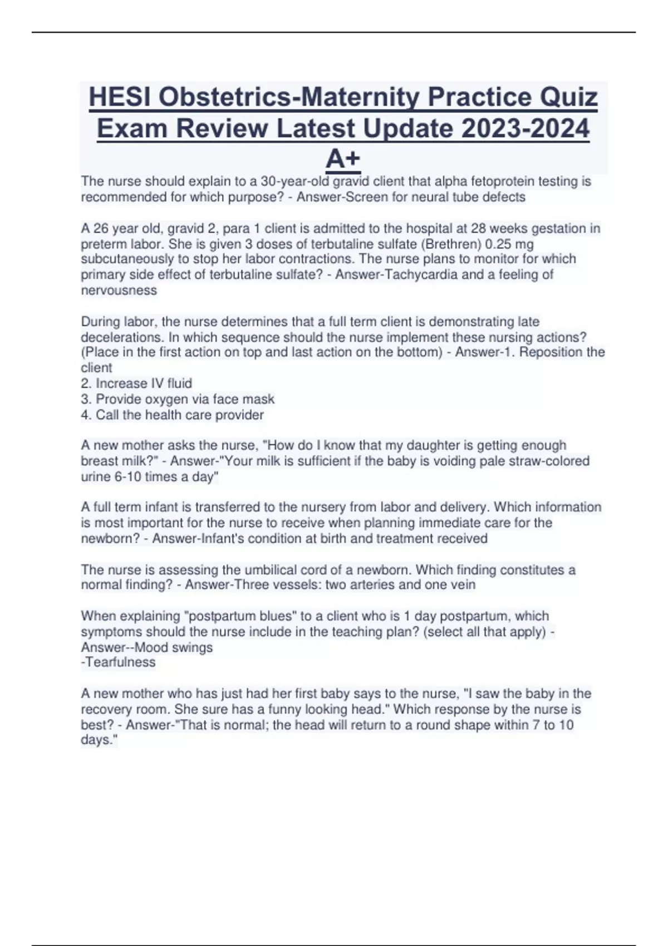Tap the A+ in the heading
[343, 160]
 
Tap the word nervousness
[119, 290]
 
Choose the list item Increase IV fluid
[144, 383]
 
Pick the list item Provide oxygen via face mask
[185, 399]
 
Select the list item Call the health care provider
[179, 415]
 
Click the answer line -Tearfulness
[118, 662]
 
